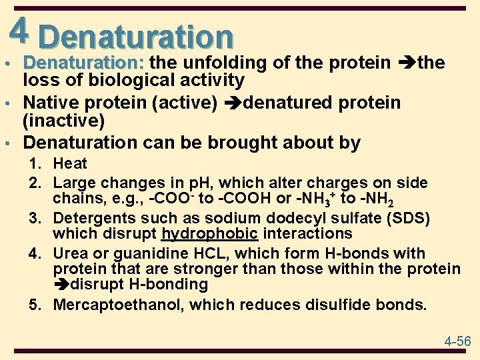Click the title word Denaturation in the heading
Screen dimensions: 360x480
point(136,37)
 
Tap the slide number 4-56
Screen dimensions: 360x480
point(457,341)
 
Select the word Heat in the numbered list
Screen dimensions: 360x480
point(70,163)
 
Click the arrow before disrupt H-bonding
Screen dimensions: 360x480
point(61,285)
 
